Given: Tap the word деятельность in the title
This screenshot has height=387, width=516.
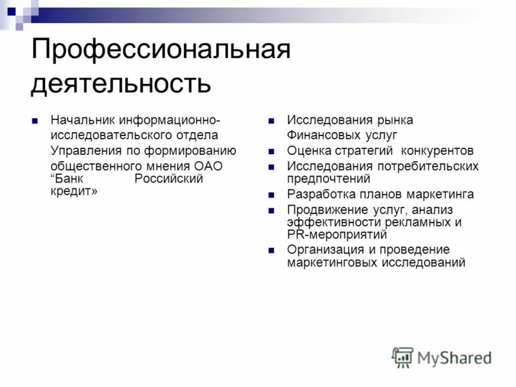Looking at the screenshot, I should coord(121,84).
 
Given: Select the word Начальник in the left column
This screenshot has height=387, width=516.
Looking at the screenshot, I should coord(79,120).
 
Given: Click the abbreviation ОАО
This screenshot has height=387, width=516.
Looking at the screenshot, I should coord(208,166).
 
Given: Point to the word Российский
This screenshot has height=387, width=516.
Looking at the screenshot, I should coord(168,179).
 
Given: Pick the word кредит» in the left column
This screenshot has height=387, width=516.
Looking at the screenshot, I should coord(74,192).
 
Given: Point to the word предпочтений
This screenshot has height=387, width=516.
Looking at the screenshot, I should coord(328,179).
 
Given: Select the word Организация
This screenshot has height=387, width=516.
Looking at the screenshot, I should coord(321,250).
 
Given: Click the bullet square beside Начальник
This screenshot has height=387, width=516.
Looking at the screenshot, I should coord(35,121).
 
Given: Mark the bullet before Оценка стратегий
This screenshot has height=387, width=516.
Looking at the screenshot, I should coord(272,151).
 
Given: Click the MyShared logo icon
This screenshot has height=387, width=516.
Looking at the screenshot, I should coord(402,357).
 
